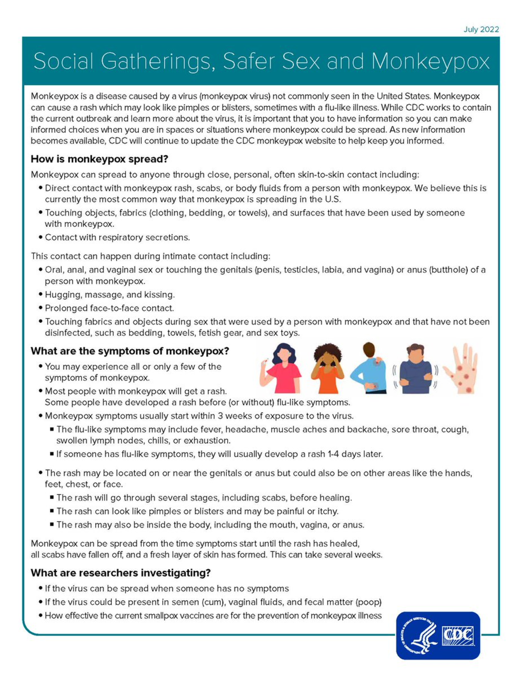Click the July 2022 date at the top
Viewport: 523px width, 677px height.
(481, 30)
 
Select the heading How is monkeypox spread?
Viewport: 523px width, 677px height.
(99, 159)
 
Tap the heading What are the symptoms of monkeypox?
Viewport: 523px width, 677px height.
(129, 351)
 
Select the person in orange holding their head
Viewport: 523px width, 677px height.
(328, 369)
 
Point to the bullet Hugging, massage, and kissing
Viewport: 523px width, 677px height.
(110, 294)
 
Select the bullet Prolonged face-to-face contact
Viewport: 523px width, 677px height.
(109, 308)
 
